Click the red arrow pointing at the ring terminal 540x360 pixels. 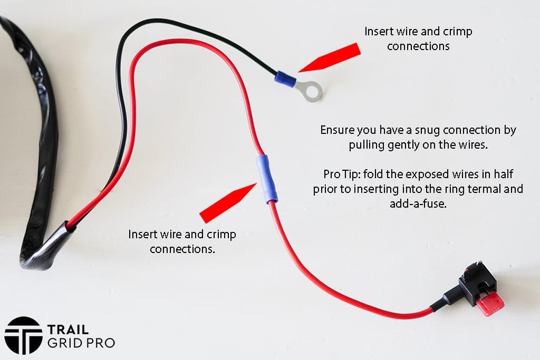330,57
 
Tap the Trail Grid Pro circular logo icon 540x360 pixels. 23,335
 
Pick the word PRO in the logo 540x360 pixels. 100,343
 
